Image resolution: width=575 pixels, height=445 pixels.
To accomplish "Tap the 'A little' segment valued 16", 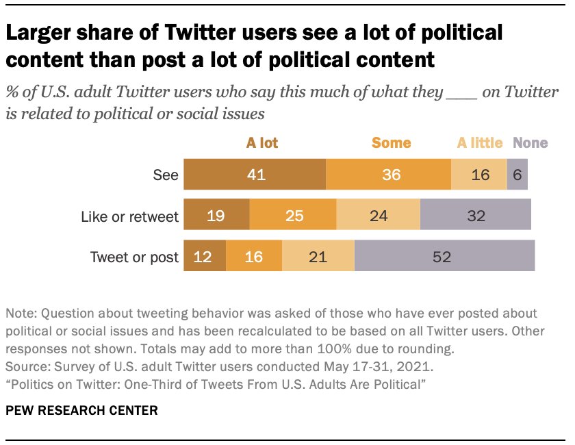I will pos(479,175).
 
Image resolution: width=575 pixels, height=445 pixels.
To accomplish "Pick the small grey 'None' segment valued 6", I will pos(517,175).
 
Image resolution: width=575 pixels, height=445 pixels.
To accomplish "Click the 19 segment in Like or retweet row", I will pos(216,216).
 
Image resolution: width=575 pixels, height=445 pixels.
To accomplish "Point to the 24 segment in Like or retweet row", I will pos(378,216).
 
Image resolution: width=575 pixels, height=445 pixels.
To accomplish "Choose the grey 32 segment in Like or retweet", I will pos(475,216).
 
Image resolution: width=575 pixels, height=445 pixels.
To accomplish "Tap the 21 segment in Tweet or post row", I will pos(318,257).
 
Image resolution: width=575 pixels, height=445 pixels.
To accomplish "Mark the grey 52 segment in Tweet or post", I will pos(444,257).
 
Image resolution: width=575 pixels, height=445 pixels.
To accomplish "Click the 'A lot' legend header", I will pos(262,143).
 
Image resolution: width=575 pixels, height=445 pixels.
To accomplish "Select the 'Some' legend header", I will pos(391,143).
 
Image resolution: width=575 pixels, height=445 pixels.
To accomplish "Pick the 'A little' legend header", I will pos(480,143).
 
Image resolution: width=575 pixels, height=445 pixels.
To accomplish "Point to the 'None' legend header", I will pos(531,143).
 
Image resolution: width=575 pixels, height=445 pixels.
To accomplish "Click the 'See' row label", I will pos(166,175).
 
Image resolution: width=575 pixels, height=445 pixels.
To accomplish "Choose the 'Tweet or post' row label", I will pos(135,258).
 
